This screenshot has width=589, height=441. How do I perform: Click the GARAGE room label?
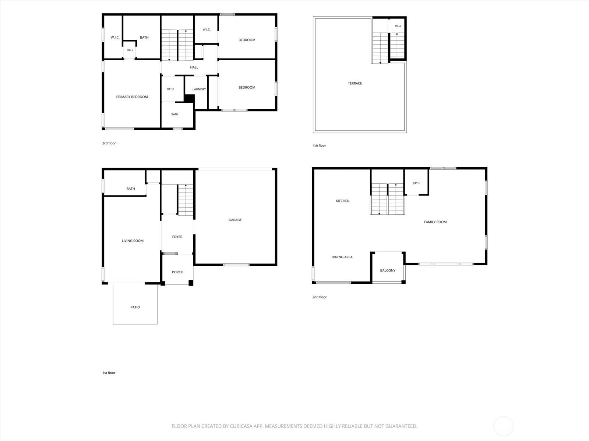(x=235, y=220)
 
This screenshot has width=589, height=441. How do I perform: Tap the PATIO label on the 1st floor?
(x=135, y=307)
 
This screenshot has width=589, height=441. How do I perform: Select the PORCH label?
(x=177, y=272)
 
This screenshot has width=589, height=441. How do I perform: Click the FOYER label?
(x=177, y=237)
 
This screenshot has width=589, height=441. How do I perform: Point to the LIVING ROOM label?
(x=133, y=241)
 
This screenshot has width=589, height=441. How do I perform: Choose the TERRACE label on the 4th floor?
(x=355, y=83)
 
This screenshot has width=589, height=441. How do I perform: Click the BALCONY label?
(x=388, y=270)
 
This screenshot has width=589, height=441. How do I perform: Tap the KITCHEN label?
(x=342, y=201)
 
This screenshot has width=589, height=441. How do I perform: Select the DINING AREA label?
(x=342, y=257)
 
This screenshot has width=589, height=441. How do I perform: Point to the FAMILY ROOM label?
(x=435, y=222)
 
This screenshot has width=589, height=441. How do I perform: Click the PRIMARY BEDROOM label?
(x=132, y=97)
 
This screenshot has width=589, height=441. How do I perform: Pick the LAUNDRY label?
(x=199, y=89)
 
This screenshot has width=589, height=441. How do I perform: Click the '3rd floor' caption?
(x=109, y=143)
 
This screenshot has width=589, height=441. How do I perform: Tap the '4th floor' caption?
(x=319, y=146)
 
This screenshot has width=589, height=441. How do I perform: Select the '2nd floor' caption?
(x=319, y=297)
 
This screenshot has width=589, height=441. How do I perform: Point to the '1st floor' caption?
(x=109, y=373)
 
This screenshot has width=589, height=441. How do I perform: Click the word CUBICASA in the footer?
(x=241, y=426)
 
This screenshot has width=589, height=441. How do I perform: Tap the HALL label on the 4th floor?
(x=398, y=26)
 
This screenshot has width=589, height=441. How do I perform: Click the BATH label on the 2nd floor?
(x=416, y=183)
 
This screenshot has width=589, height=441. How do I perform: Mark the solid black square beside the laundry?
(x=189, y=98)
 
